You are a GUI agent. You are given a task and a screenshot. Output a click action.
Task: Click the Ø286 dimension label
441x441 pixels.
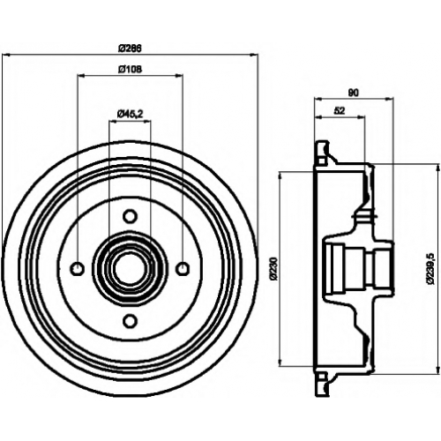(130, 48)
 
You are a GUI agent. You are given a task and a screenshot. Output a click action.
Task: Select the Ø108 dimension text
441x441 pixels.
(130, 69)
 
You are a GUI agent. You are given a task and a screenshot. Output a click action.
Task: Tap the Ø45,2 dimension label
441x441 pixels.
(130, 114)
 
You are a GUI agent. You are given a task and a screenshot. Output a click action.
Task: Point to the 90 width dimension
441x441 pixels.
(354, 93)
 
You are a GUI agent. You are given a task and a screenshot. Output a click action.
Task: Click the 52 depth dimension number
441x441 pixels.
(340, 110)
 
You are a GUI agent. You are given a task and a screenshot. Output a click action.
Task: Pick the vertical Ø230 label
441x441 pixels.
(273, 268)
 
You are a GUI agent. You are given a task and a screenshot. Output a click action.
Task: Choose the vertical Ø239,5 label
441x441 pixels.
(430, 268)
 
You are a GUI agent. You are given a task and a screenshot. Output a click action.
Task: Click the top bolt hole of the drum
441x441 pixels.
(130, 216)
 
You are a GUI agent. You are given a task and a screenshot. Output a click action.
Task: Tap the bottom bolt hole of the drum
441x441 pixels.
(130, 321)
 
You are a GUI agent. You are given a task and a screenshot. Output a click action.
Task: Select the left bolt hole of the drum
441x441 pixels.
(78, 268)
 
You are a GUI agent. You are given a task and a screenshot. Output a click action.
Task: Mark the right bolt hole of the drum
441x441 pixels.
(183, 268)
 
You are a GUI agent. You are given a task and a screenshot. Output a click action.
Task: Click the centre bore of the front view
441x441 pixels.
(130, 268)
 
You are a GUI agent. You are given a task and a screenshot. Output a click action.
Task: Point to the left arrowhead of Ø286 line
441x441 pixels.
(6, 55)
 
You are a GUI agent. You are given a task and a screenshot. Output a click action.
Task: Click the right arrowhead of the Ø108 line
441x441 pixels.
(179, 76)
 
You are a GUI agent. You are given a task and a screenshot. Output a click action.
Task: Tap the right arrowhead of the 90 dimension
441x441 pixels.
(389, 99)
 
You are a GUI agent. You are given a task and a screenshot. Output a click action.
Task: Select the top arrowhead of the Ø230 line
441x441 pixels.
(281, 176)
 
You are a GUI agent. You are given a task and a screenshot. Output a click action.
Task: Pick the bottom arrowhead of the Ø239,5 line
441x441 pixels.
(435, 370)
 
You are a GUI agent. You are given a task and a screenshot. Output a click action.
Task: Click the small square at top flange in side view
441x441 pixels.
(322, 161)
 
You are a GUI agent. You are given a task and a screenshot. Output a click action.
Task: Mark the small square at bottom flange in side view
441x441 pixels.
(322, 377)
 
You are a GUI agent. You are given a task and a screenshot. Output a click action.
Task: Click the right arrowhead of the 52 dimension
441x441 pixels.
(361, 117)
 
